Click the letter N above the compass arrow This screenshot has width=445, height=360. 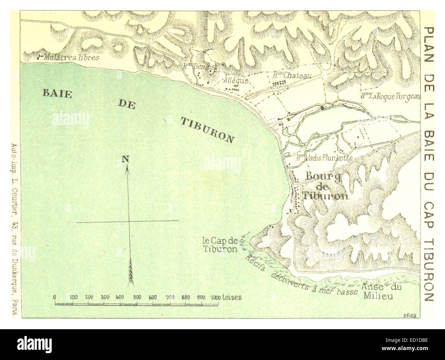[x=125, y=158]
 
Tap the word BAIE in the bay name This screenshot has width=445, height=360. [x=56, y=93]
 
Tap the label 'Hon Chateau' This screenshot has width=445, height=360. [x=292, y=75]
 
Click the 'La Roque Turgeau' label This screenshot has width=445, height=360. [x=390, y=97]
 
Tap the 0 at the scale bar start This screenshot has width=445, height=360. [x=55, y=297]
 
